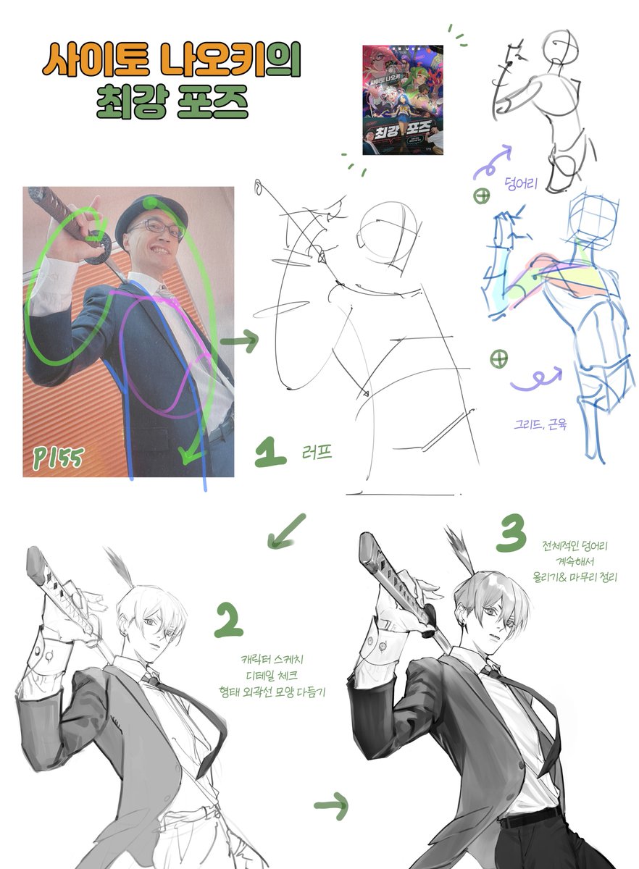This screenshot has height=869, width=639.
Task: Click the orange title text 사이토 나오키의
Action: click(171, 62)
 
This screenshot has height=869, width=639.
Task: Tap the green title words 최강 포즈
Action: click(171, 102)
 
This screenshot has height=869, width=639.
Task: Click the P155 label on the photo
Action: click(57, 456)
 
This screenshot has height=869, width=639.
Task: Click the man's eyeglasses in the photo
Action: click(157, 229)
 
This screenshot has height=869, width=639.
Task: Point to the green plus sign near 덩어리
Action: click(482, 196)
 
